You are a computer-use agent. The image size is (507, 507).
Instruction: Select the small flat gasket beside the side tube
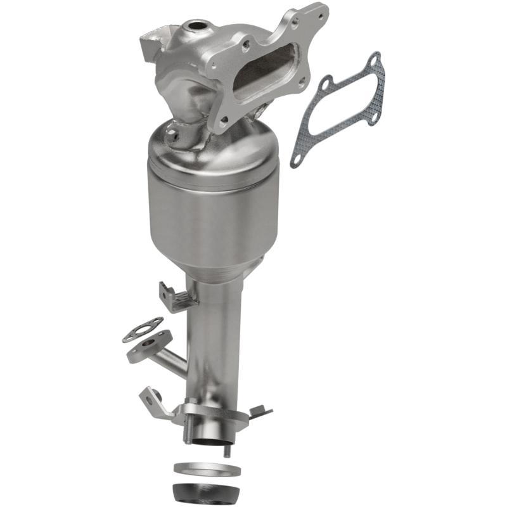142,330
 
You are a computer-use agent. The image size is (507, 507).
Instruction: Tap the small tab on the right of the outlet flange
260,411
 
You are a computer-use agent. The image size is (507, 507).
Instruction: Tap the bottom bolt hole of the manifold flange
223,124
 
